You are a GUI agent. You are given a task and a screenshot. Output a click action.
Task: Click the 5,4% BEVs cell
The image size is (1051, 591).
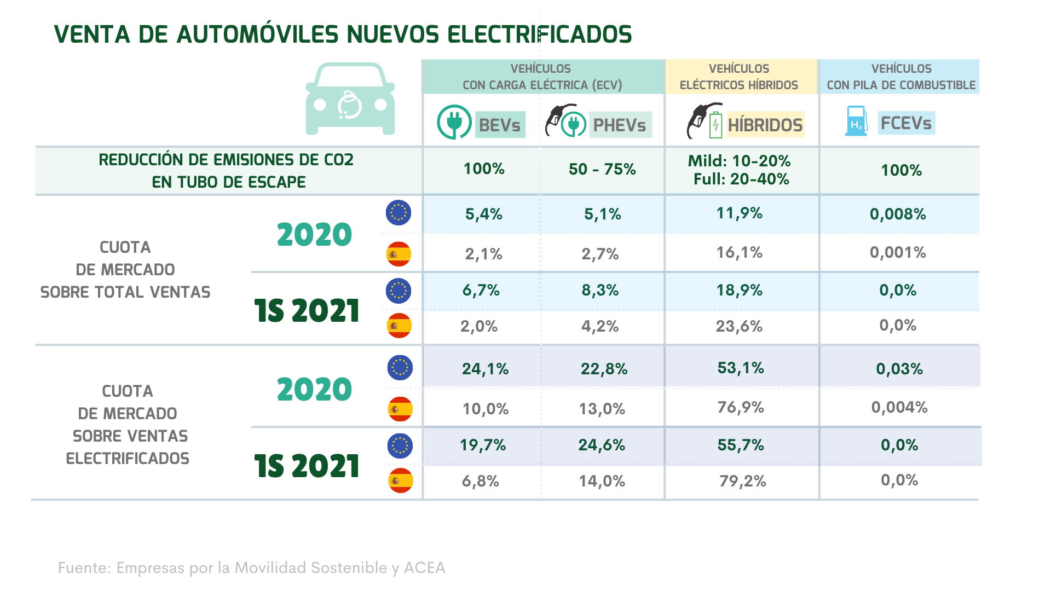(x=484, y=214)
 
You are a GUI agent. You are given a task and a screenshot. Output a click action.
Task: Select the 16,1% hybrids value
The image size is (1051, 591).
(x=739, y=253)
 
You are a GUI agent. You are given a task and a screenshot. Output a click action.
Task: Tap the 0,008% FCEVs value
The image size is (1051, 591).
(x=898, y=214)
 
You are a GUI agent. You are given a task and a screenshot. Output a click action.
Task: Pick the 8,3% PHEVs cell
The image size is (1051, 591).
(x=600, y=290)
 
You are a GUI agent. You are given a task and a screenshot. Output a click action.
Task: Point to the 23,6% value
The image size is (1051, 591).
(x=739, y=326)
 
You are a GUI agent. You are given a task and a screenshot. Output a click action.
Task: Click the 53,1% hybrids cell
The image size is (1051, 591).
(x=741, y=368)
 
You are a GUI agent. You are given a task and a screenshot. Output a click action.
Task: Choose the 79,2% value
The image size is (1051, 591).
(x=742, y=481)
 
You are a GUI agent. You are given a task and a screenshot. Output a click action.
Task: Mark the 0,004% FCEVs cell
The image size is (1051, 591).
(x=899, y=407)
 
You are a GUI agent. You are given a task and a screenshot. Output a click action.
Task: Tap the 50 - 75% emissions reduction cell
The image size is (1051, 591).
(x=602, y=169)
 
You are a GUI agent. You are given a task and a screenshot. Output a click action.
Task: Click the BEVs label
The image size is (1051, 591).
(x=500, y=125)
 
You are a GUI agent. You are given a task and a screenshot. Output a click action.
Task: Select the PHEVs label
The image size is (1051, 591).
(x=620, y=125)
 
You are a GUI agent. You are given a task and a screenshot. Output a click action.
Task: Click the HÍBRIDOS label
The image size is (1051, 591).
(x=765, y=125)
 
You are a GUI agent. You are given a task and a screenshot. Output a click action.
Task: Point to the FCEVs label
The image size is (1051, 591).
(x=906, y=123)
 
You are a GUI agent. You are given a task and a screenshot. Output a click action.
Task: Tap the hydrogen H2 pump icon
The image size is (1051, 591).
(x=856, y=121)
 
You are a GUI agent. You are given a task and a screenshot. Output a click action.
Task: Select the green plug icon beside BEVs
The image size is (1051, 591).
(x=454, y=121)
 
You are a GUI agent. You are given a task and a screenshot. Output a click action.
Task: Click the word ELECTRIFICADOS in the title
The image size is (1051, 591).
(x=539, y=34)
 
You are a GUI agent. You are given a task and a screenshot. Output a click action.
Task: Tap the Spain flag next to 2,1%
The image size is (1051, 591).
(x=399, y=254)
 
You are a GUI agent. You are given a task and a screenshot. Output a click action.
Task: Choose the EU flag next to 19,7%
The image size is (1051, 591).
(x=400, y=445)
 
